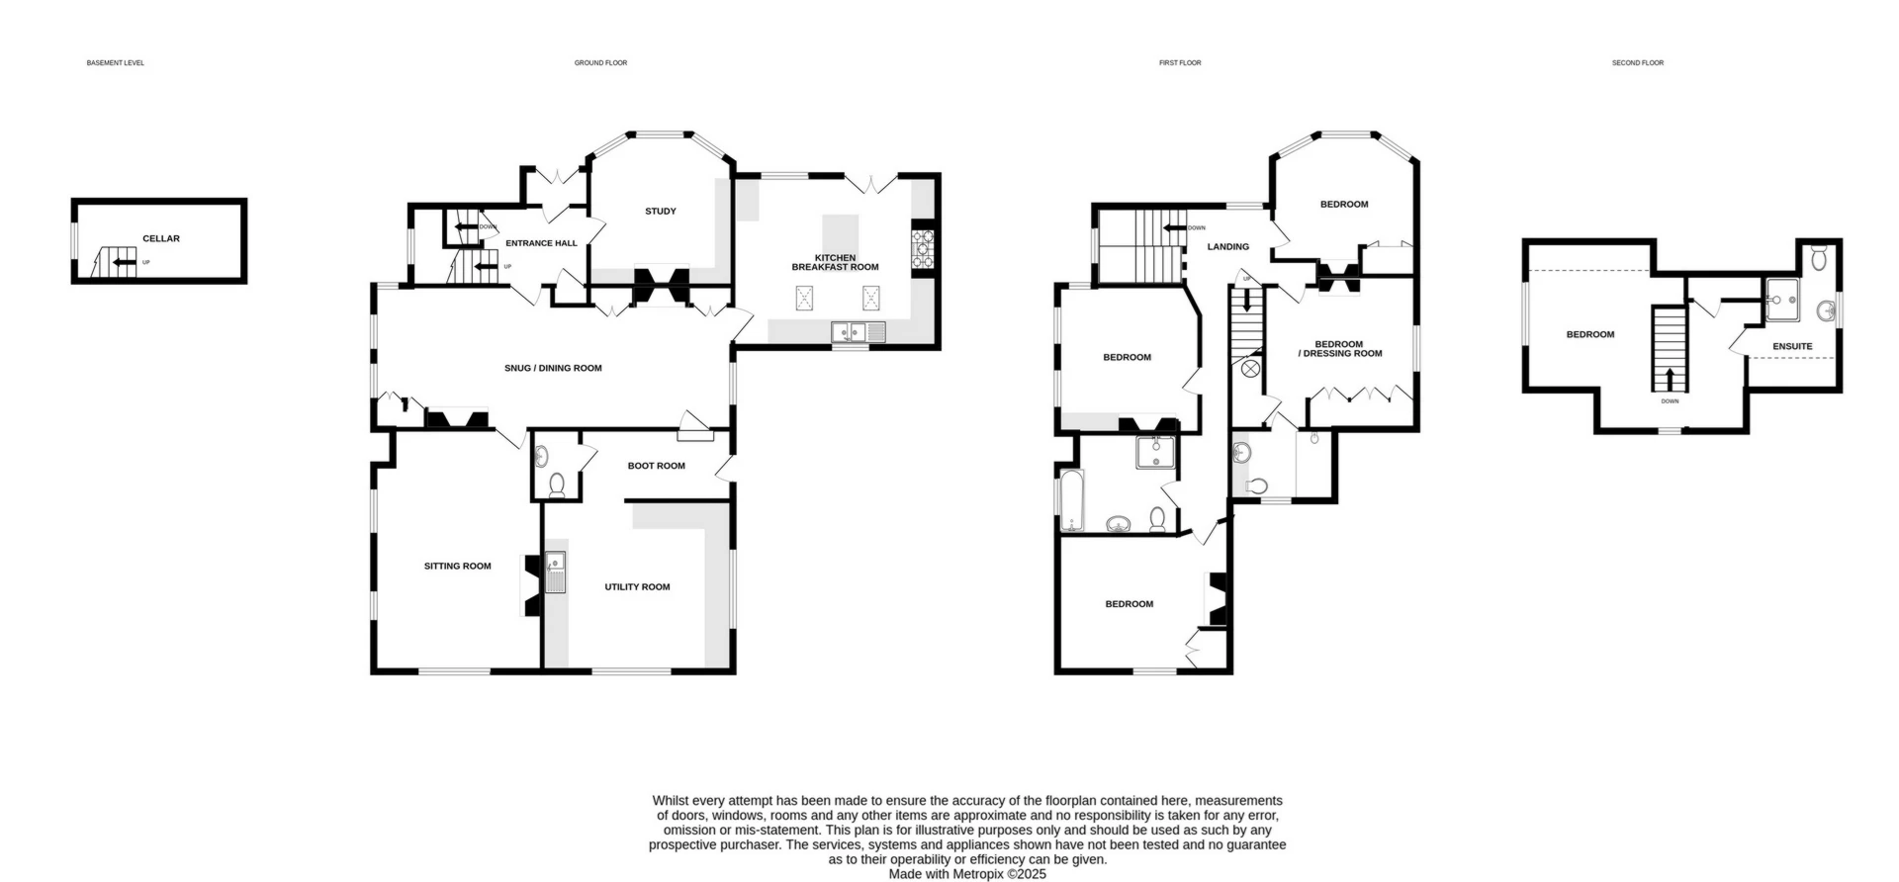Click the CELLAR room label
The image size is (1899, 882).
tap(161, 238)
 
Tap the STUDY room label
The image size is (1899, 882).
tap(661, 211)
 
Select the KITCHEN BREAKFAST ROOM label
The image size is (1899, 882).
tap(835, 262)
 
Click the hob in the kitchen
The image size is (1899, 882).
tap(923, 248)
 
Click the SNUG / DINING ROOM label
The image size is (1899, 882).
tap(553, 368)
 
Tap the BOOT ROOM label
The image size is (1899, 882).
tap(656, 466)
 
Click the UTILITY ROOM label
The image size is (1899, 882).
tap(637, 586)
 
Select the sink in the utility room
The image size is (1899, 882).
tap(556, 572)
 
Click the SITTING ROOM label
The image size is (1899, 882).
tap(457, 567)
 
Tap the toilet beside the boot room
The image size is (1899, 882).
tap(556, 485)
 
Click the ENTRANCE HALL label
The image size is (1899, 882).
tap(541, 243)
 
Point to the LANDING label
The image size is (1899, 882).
tap(1228, 246)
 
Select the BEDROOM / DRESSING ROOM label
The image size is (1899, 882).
tap(1339, 349)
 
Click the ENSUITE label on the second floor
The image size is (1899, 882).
tap(1792, 346)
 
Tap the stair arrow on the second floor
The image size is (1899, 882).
tap(1671, 378)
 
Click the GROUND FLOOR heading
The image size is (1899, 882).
tap(600, 62)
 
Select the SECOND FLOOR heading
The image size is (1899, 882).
tap(1638, 62)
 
